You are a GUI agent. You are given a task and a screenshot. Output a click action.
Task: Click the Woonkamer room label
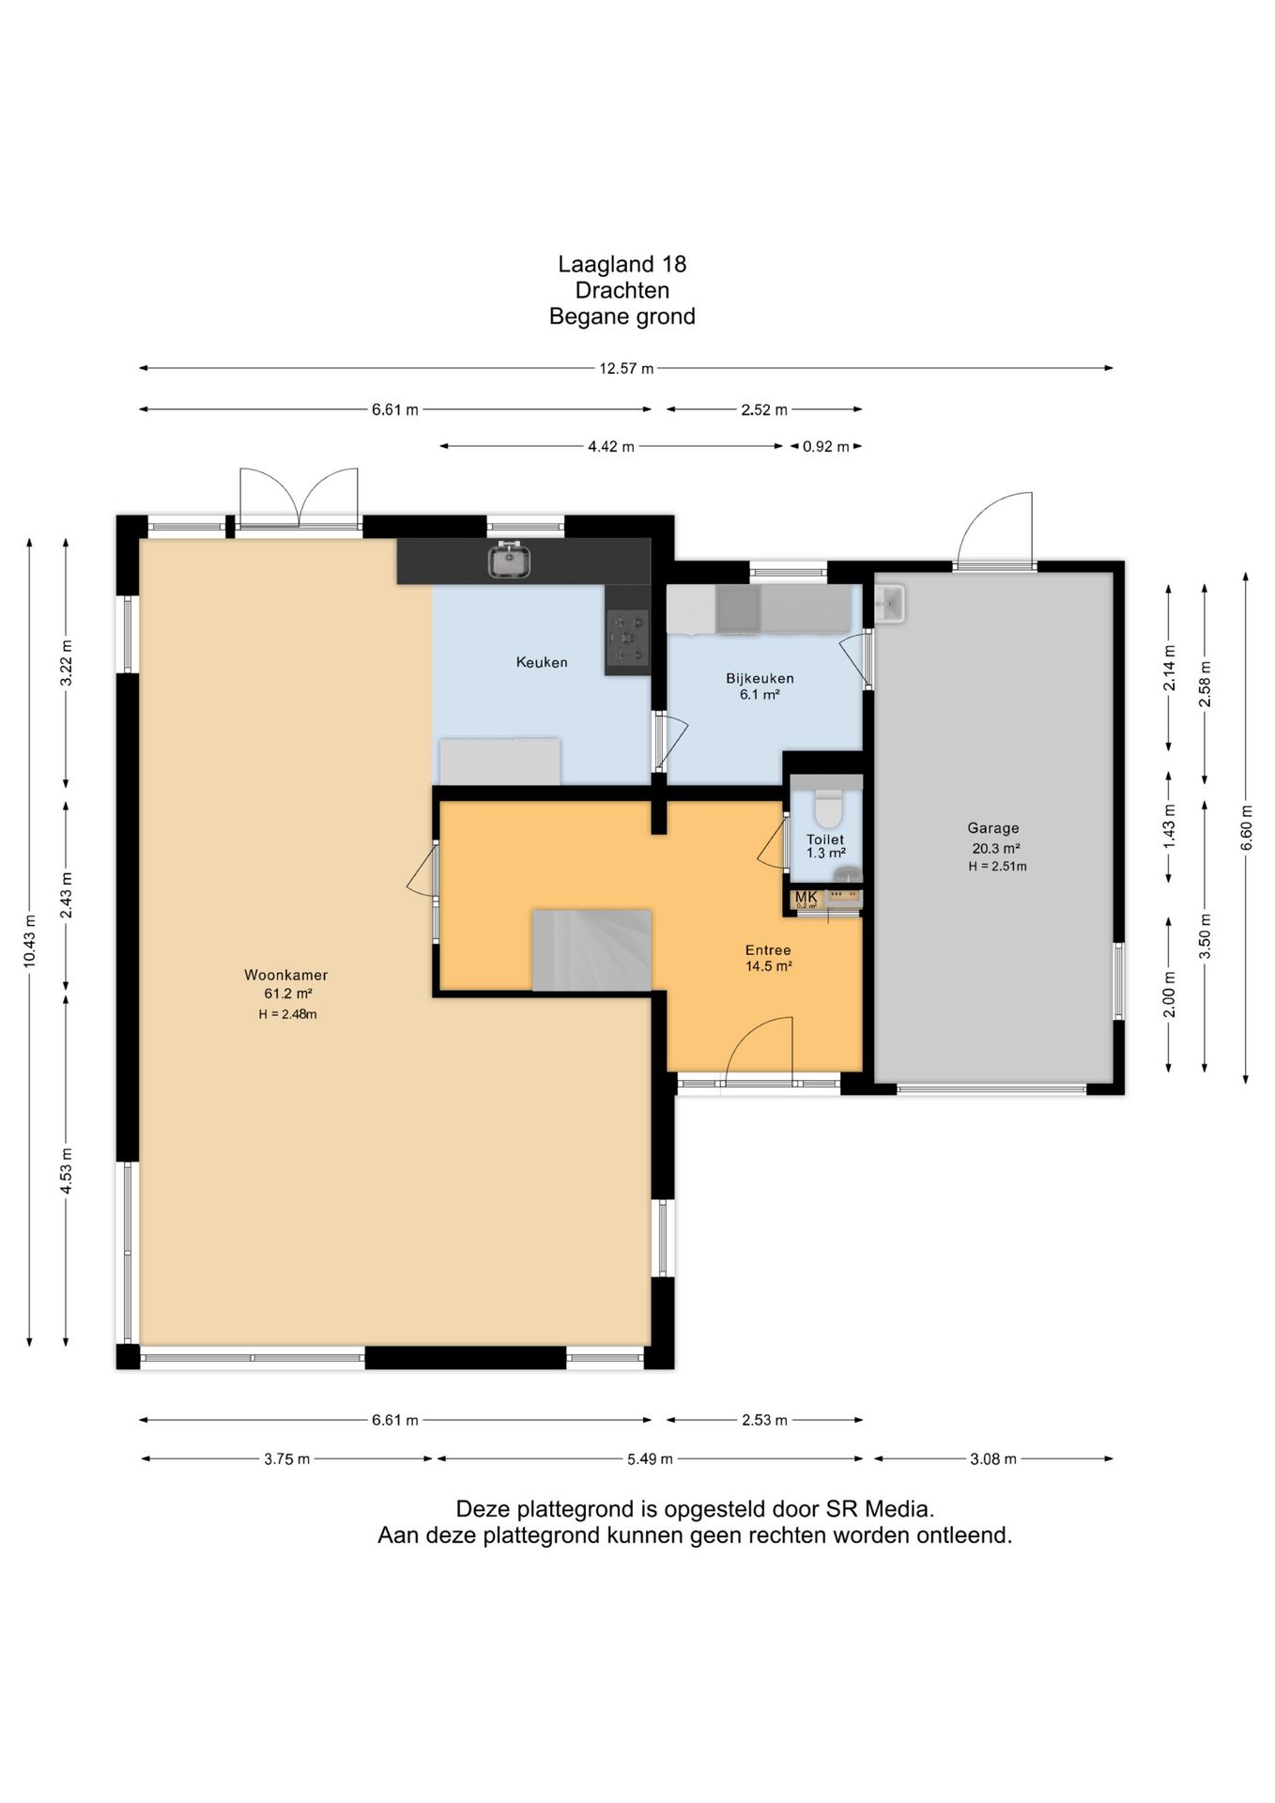(286, 975)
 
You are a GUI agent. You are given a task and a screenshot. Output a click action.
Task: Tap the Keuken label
(542, 662)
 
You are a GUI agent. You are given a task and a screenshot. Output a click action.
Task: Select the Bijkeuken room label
(760, 678)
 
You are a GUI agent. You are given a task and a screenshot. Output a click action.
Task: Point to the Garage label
(993, 828)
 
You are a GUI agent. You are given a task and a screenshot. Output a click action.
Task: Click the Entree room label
(768, 949)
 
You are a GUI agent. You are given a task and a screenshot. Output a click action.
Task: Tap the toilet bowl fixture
(827, 808)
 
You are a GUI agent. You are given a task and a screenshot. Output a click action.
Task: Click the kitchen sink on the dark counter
(509, 561)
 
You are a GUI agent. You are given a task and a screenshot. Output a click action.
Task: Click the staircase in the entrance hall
(592, 949)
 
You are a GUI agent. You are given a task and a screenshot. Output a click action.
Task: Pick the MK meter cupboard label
(806, 897)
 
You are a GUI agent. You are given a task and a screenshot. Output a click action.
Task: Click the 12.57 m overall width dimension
(626, 368)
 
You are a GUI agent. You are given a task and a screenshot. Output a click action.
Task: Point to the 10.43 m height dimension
(29, 941)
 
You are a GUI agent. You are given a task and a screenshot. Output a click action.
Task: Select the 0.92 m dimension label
(825, 446)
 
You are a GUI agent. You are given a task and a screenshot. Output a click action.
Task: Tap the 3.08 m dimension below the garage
(993, 1458)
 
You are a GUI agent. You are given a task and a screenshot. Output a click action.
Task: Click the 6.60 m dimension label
(1246, 827)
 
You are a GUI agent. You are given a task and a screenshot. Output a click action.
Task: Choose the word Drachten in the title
(622, 290)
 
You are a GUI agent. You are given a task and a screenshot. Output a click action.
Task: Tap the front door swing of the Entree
(760, 1050)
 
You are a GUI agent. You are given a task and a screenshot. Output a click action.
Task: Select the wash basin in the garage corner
(887, 603)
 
